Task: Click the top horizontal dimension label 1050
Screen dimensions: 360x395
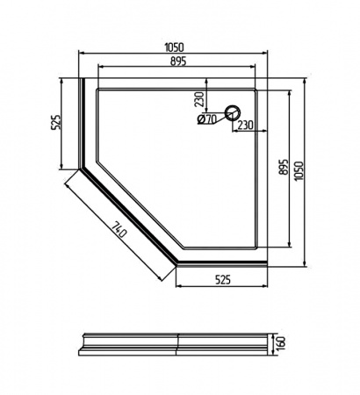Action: [x=174, y=47]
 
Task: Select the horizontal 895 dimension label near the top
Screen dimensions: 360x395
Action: [x=178, y=61]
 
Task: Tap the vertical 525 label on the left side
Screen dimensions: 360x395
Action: [x=56, y=121]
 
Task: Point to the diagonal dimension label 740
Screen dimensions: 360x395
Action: [x=119, y=230]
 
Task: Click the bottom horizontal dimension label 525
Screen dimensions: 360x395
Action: [x=223, y=280]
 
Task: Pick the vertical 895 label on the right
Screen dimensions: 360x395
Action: [x=284, y=167]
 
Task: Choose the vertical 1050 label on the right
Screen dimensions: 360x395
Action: [x=299, y=171]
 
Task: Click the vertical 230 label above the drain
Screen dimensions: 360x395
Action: [x=199, y=99]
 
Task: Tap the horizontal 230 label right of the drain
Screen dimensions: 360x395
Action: [x=245, y=125]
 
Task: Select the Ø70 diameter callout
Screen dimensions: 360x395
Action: [x=207, y=118]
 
